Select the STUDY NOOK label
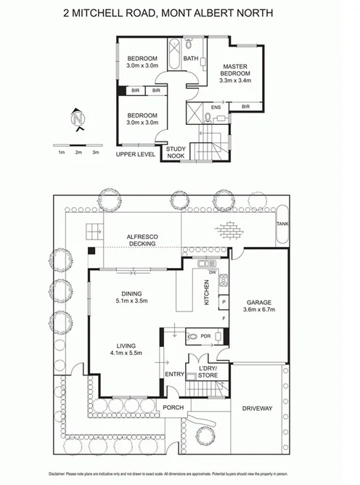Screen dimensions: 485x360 pyautogui.click(x=176, y=151)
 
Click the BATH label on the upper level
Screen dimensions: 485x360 pyautogui.click(x=190, y=59)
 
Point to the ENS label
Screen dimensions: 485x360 pyautogui.click(x=216, y=107)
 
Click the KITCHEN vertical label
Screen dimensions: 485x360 pyautogui.click(x=206, y=292)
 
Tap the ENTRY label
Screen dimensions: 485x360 pyautogui.click(x=175, y=374)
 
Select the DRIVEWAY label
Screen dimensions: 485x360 pyautogui.click(x=257, y=409)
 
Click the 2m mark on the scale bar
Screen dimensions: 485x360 pyautogui.click(x=78, y=152)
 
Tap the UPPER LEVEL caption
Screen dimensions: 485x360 pyautogui.click(x=135, y=155)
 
